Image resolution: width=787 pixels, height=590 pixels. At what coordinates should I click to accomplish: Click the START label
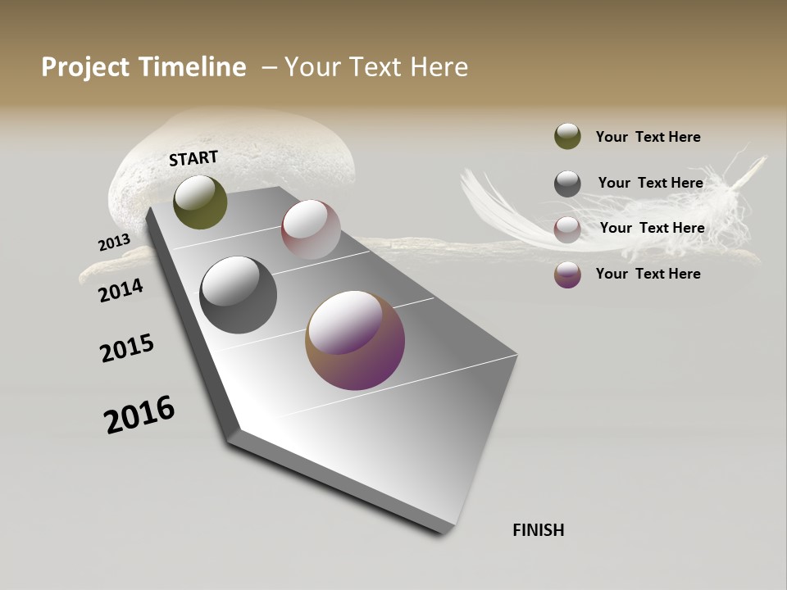tap(193, 158)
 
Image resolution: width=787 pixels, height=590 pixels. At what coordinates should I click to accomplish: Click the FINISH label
tap(538, 530)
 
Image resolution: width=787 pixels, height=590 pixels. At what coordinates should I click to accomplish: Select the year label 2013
tap(114, 243)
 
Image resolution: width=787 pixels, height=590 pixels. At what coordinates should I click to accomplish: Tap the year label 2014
tap(121, 290)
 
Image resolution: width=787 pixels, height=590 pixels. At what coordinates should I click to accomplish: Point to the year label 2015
tap(127, 348)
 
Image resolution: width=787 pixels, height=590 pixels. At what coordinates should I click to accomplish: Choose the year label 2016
tap(139, 415)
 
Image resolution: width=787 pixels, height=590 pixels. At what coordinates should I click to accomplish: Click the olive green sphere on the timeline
tap(200, 202)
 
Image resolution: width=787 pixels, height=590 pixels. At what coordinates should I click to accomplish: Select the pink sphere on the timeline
tap(311, 229)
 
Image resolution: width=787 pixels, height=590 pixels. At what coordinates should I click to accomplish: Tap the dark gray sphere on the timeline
tap(238, 295)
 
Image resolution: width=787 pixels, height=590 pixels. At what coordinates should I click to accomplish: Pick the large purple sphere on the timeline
tap(355, 340)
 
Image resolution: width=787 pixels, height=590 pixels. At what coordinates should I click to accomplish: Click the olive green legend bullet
tap(567, 136)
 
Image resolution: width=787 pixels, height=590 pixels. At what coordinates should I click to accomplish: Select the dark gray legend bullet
tap(567, 183)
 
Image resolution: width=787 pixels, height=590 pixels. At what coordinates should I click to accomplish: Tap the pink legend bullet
tap(567, 229)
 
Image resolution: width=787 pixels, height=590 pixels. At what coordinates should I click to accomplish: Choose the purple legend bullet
tap(567, 274)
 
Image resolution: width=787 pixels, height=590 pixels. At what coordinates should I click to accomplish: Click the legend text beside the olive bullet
tap(648, 137)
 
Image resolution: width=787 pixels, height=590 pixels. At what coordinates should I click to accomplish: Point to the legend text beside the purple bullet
tap(648, 274)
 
